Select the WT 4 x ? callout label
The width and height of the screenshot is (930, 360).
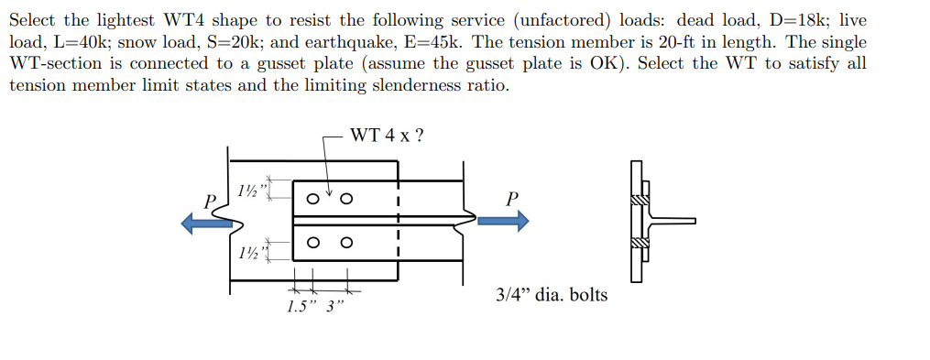[x=387, y=136]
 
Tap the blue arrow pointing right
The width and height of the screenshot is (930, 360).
[x=503, y=220]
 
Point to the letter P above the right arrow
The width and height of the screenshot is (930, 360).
[x=511, y=198]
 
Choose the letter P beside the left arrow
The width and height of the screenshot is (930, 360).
[x=210, y=201]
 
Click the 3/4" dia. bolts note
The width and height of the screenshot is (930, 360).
[x=551, y=295]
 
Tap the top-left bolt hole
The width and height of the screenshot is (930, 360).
[x=314, y=197]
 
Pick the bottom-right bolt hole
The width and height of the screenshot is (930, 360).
[x=346, y=243]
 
